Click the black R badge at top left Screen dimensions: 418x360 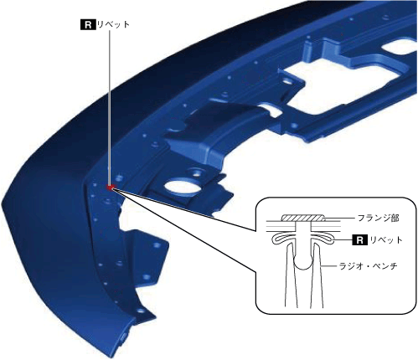click(88, 24)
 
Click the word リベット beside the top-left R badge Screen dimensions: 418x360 click(113, 24)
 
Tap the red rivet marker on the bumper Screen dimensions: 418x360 click(111, 188)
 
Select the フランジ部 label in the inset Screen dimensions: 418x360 click(379, 218)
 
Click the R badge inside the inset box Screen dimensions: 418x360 click(359, 239)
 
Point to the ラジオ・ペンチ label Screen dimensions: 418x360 click(368, 266)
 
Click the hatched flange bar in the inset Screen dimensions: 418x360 click(303, 218)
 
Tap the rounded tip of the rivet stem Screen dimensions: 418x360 click(304, 265)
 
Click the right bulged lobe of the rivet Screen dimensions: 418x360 click(323, 239)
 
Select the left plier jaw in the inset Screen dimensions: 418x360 click(291, 275)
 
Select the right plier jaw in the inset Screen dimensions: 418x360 click(317, 275)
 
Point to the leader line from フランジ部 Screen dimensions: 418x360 click(340, 218)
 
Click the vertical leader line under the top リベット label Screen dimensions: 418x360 click(109, 107)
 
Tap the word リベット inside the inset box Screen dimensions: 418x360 click(386, 239)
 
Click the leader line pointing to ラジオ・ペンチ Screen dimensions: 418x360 click(329, 266)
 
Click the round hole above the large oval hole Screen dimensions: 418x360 click(196, 172)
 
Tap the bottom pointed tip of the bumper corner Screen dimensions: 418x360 click(109, 357)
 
